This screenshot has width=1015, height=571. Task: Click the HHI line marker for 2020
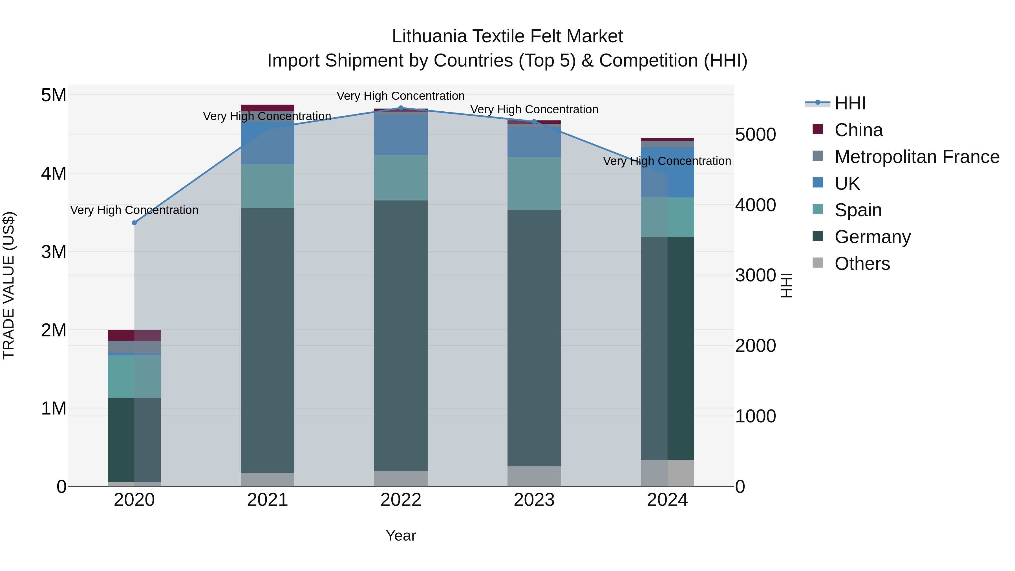coord(134,223)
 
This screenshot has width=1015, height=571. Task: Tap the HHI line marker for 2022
coord(401,108)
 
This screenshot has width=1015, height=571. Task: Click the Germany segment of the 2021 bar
coord(268,340)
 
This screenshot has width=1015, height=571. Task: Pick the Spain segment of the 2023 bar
coord(534,183)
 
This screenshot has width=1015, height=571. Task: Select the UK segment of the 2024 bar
coord(667,172)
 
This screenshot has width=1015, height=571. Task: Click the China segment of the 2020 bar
coord(134,335)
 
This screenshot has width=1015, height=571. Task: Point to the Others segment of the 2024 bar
coord(667,473)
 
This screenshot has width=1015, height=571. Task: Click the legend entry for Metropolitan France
coord(917,156)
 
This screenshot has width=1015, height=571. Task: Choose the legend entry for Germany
coord(872,237)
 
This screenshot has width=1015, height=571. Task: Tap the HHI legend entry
coord(850,103)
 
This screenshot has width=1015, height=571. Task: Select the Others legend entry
coord(862,264)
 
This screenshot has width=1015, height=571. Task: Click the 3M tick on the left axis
coord(54,252)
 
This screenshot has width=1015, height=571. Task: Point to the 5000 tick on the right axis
coord(755,135)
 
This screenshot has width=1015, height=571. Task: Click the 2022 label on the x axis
coord(401,500)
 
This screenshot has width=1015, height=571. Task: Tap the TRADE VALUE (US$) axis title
coord(9,285)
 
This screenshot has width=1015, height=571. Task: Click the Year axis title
coord(401,535)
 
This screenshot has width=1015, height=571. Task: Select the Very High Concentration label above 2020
coord(134,210)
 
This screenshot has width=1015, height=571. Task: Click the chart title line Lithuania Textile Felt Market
coord(507,36)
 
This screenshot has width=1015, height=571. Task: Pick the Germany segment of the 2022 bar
coord(401,335)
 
